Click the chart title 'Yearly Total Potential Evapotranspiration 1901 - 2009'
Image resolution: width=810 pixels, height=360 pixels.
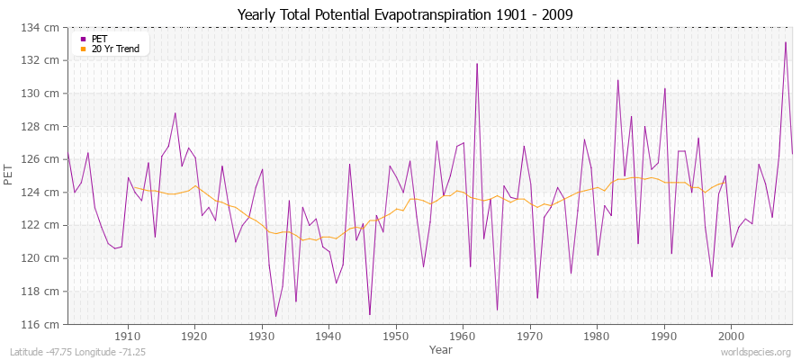pos(404,15)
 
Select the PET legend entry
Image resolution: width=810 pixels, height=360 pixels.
pos(98,39)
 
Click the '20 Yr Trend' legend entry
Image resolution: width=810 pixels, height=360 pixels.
pos(115,49)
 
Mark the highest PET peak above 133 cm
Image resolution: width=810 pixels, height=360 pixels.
pos(786,42)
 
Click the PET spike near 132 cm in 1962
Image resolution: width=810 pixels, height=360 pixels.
pos(477,64)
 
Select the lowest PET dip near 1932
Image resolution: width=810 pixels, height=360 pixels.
pos(275,316)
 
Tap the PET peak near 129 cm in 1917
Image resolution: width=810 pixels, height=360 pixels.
pos(175,113)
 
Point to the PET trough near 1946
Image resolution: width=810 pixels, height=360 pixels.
pos(370,314)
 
